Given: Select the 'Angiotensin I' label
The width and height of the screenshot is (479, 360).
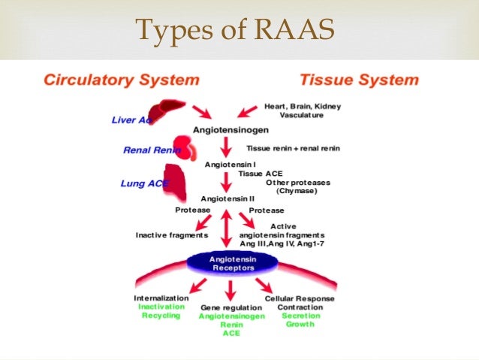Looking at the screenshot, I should click(x=232, y=163).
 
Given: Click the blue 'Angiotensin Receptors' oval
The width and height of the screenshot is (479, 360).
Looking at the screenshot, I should click(x=230, y=263).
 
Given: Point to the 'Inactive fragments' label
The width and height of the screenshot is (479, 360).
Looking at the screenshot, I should click(x=171, y=234).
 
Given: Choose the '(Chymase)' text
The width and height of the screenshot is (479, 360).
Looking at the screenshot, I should click(x=297, y=191).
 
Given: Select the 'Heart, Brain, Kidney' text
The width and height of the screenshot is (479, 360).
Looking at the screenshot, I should click(x=303, y=107).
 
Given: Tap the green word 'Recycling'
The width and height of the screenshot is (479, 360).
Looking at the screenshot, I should click(x=161, y=316).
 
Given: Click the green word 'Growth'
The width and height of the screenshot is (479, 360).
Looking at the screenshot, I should click(x=300, y=324).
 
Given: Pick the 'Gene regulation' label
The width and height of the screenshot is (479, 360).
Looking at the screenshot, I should click(x=230, y=307).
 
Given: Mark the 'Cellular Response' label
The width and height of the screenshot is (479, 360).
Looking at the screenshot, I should click(x=300, y=298).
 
